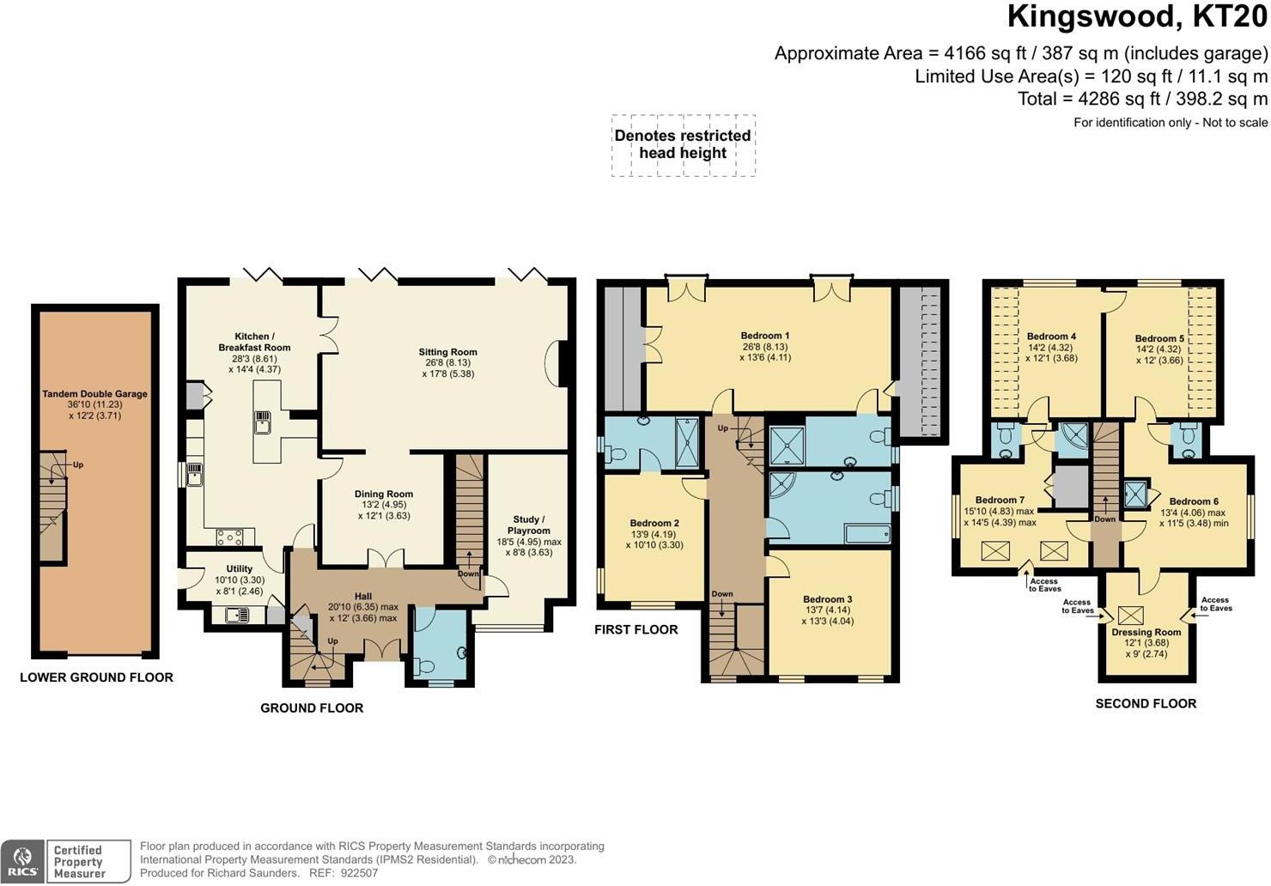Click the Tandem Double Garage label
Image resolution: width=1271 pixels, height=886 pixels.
(94, 394)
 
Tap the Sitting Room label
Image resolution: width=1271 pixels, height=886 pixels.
(447, 352)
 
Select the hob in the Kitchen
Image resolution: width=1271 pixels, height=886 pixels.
(230, 537)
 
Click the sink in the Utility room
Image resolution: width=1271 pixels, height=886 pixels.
(236, 615)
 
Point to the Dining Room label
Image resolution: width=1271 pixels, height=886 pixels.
(384, 494)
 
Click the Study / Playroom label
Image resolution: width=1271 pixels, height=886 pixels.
(529, 525)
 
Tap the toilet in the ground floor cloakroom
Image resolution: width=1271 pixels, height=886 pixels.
(425, 664)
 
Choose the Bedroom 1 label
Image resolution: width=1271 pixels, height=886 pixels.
(765, 335)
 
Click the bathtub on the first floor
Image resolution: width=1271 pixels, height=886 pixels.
(867, 534)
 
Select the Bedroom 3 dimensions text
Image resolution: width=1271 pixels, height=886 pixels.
(827, 616)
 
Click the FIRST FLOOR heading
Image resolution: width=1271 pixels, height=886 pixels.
(636, 629)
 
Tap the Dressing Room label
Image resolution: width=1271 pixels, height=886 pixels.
(1146, 632)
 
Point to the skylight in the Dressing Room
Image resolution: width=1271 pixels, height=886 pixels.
(1131, 615)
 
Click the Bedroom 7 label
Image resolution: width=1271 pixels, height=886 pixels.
(1000, 500)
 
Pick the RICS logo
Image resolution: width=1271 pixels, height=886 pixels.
(22, 862)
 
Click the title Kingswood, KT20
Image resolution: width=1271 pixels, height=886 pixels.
(1137, 17)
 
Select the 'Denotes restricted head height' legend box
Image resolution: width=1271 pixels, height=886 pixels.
(684, 145)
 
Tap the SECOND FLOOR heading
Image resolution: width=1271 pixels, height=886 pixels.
(1146, 704)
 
